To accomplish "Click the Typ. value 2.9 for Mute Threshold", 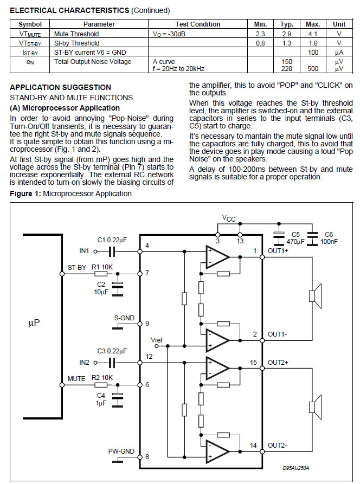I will (x=287, y=34).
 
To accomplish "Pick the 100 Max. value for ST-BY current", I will (x=312, y=52).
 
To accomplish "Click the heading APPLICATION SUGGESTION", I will (x=60, y=87).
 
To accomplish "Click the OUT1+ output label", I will (x=278, y=251).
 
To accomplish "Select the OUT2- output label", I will (x=278, y=446).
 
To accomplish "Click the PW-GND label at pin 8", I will (x=120, y=451).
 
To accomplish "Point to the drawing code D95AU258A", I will (x=299, y=467).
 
